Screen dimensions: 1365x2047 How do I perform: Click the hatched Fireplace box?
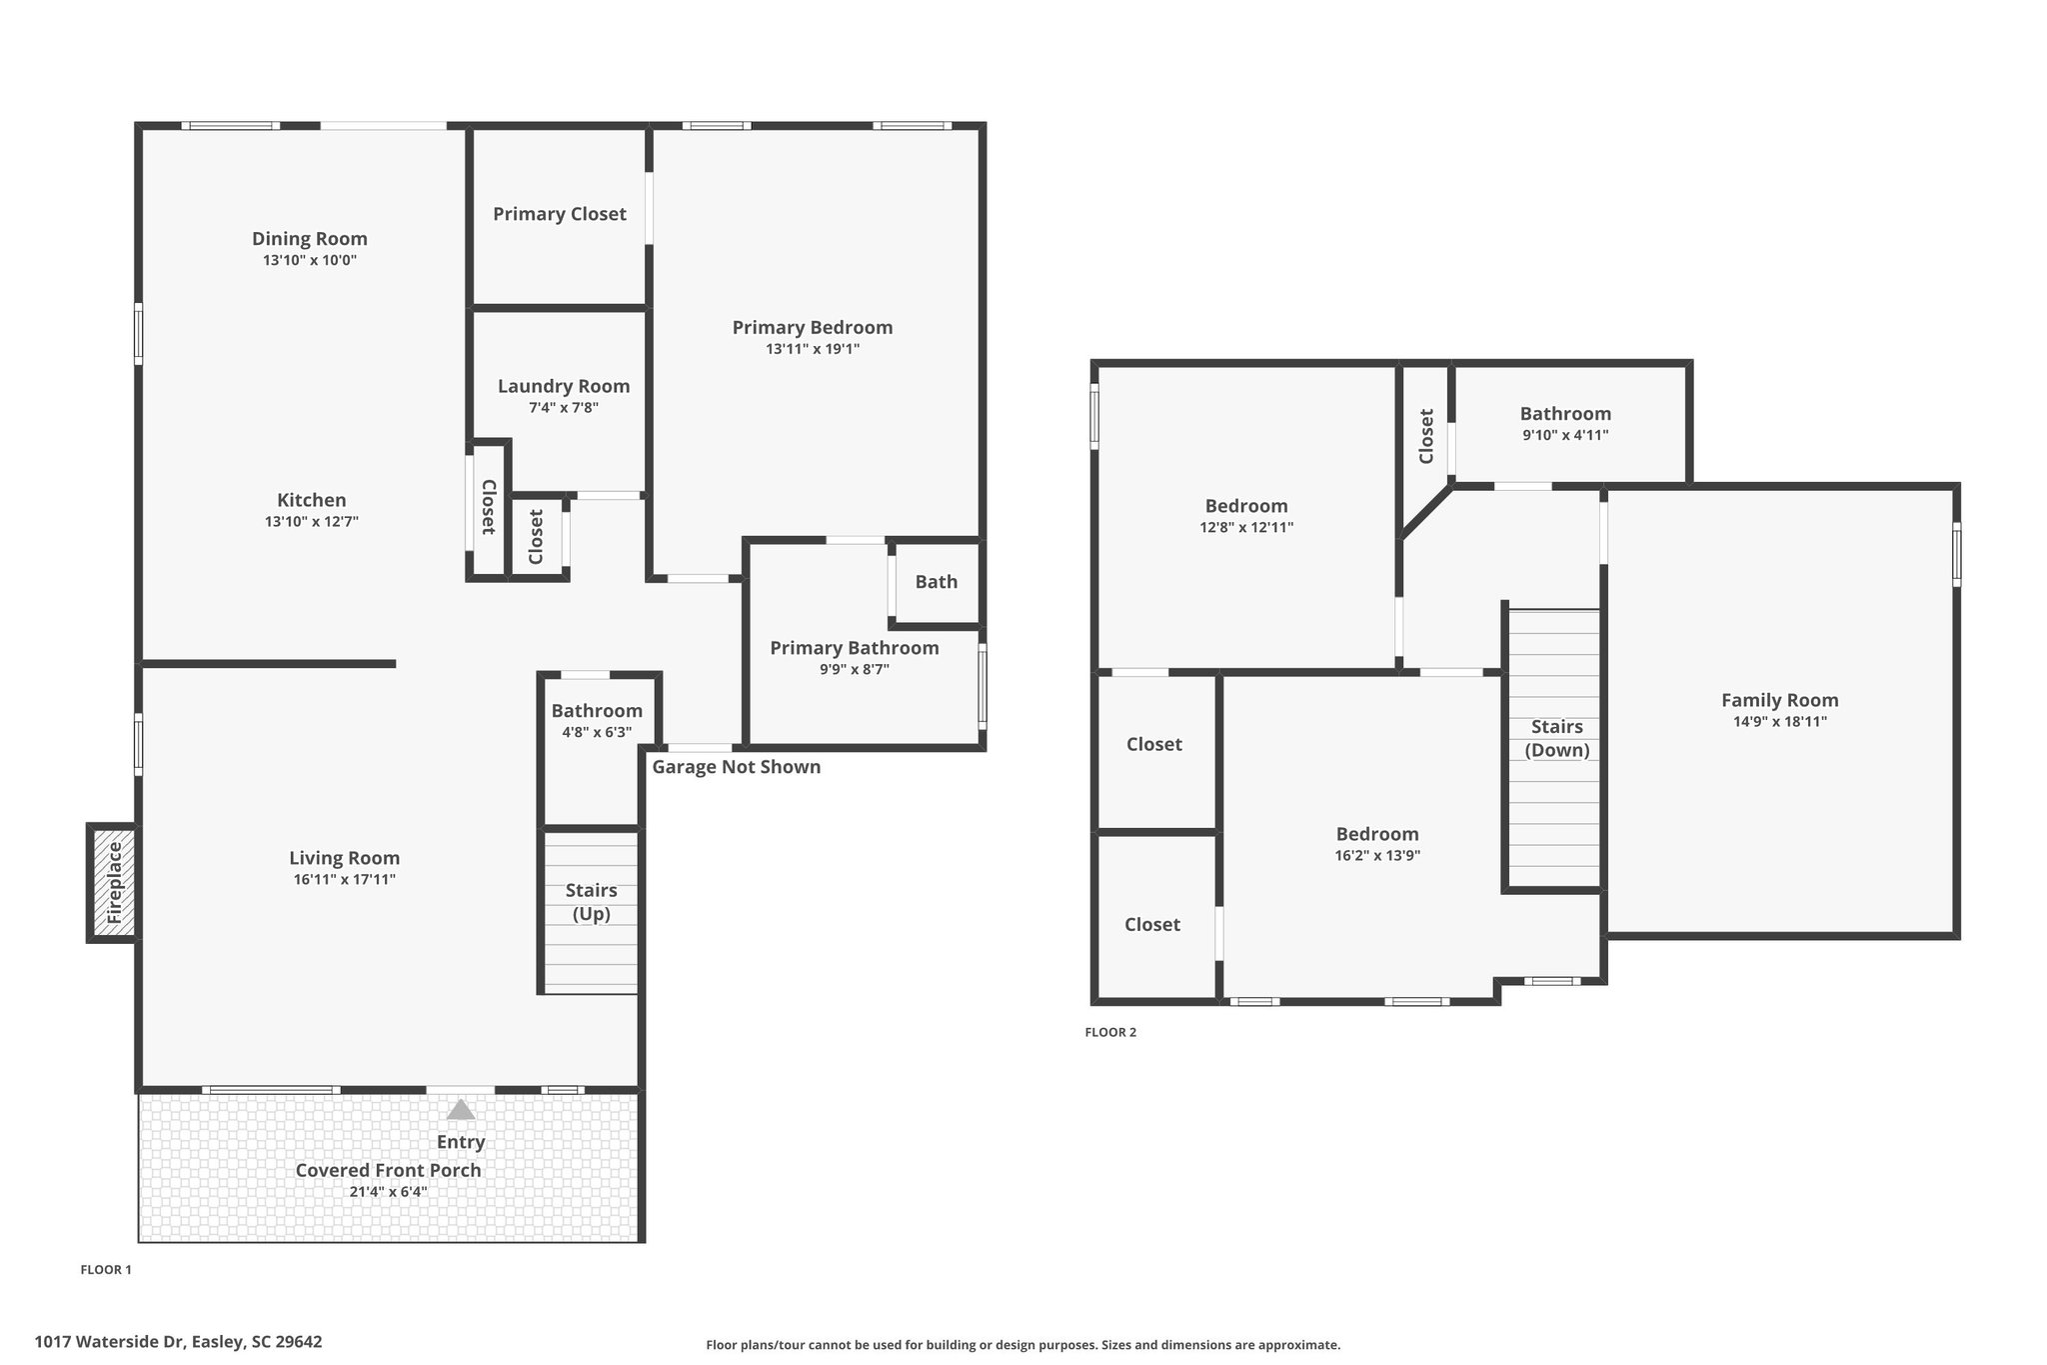click(x=113, y=883)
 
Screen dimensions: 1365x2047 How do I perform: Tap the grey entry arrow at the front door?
click(x=460, y=1109)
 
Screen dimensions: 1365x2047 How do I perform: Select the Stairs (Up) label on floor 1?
click(x=591, y=902)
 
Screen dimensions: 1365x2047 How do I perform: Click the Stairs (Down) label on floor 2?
click(x=1556, y=738)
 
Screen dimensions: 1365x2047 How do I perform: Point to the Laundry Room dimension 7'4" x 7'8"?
click(x=563, y=408)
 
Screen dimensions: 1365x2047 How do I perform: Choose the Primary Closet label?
click(x=559, y=214)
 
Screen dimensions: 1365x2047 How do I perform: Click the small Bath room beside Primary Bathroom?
click(x=936, y=582)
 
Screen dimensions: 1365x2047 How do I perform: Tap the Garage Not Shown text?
click(x=736, y=767)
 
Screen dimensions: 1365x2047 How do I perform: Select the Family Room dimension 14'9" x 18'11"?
click(x=1779, y=722)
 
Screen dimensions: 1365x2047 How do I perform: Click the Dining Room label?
click(x=309, y=239)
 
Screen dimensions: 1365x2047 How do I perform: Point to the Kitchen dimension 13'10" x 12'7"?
click(x=311, y=522)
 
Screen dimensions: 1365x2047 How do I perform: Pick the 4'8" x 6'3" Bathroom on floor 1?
click(x=597, y=720)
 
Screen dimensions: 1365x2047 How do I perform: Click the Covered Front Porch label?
click(x=388, y=1170)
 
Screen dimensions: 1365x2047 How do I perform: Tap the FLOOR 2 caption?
click(x=1109, y=1033)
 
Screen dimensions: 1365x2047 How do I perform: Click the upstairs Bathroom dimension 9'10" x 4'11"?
click(x=1564, y=435)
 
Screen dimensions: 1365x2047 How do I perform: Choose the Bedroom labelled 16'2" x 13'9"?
click(x=1376, y=843)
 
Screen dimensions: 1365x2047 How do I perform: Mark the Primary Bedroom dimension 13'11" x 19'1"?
click(x=812, y=349)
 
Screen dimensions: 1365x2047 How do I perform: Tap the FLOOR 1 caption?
click(x=105, y=1270)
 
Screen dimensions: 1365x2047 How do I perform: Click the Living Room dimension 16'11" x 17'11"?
click(x=344, y=880)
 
